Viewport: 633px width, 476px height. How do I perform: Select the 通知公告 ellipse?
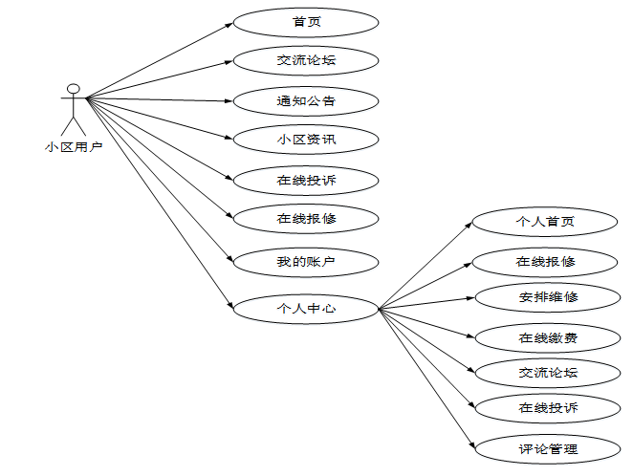(306, 99)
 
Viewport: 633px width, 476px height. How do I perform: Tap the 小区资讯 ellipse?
(306, 140)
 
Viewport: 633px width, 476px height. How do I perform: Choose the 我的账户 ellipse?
(306, 259)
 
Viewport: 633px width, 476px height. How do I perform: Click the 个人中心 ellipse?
(306, 309)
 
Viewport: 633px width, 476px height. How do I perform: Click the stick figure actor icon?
(72, 109)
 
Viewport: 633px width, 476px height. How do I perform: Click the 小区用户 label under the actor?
(74, 147)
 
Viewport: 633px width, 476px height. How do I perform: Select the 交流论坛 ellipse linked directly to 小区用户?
(306, 60)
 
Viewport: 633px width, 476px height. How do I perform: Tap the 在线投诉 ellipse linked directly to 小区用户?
(306, 180)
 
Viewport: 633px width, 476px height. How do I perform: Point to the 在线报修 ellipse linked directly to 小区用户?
(306, 219)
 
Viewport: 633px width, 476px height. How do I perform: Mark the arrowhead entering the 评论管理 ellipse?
(470, 444)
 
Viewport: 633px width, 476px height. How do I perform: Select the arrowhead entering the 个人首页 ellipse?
(469, 226)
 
